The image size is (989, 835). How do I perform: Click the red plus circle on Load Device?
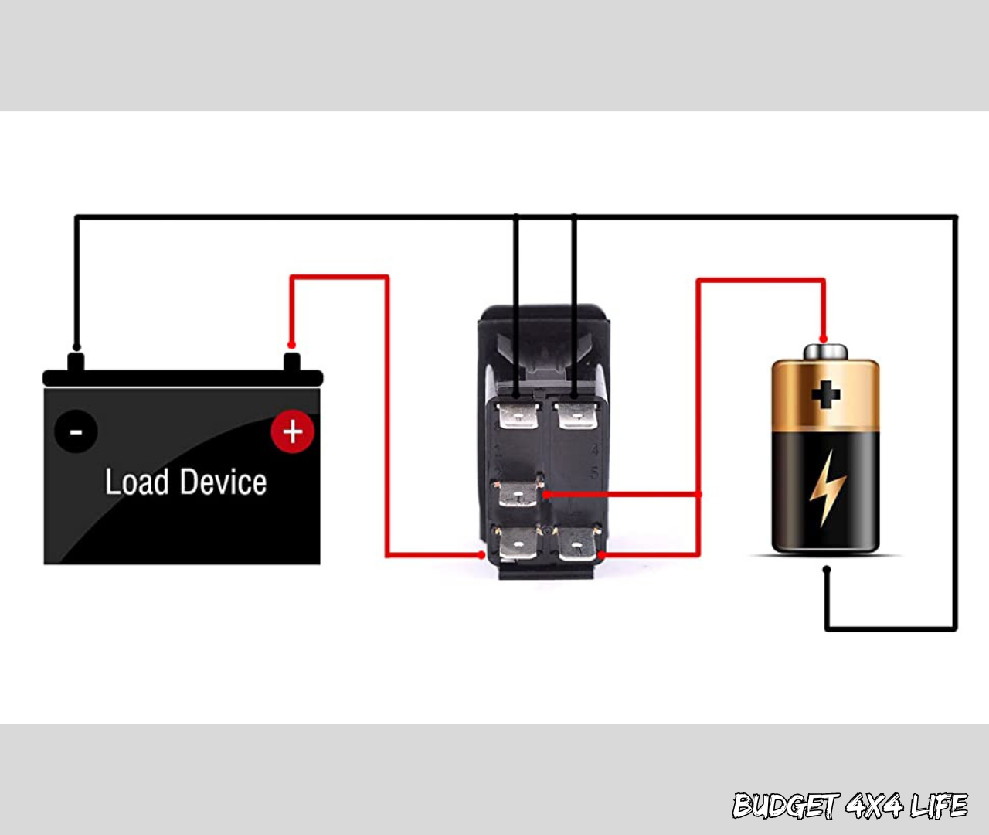(292, 431)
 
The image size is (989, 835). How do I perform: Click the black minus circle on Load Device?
(76, 431)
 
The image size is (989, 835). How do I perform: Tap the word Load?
(137, 482)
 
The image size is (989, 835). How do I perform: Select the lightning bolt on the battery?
(827, 487)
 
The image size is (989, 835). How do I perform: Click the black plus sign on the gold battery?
(825, 394)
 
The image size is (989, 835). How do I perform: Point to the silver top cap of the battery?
(825, 353)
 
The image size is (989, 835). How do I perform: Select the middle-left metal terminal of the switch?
(518, 493)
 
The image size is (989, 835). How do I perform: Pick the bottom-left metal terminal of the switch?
(518, 546)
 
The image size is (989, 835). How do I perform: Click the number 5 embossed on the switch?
(594, 472)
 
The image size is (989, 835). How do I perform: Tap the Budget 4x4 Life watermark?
(849, 806)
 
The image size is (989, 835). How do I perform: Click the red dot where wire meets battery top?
(824, 339)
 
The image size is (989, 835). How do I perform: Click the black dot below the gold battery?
(827, 570)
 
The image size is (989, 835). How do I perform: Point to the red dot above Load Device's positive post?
(291, 345)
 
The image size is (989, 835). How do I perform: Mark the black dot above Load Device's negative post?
(76, 347)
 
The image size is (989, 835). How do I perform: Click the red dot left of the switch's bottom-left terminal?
(482, 555)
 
